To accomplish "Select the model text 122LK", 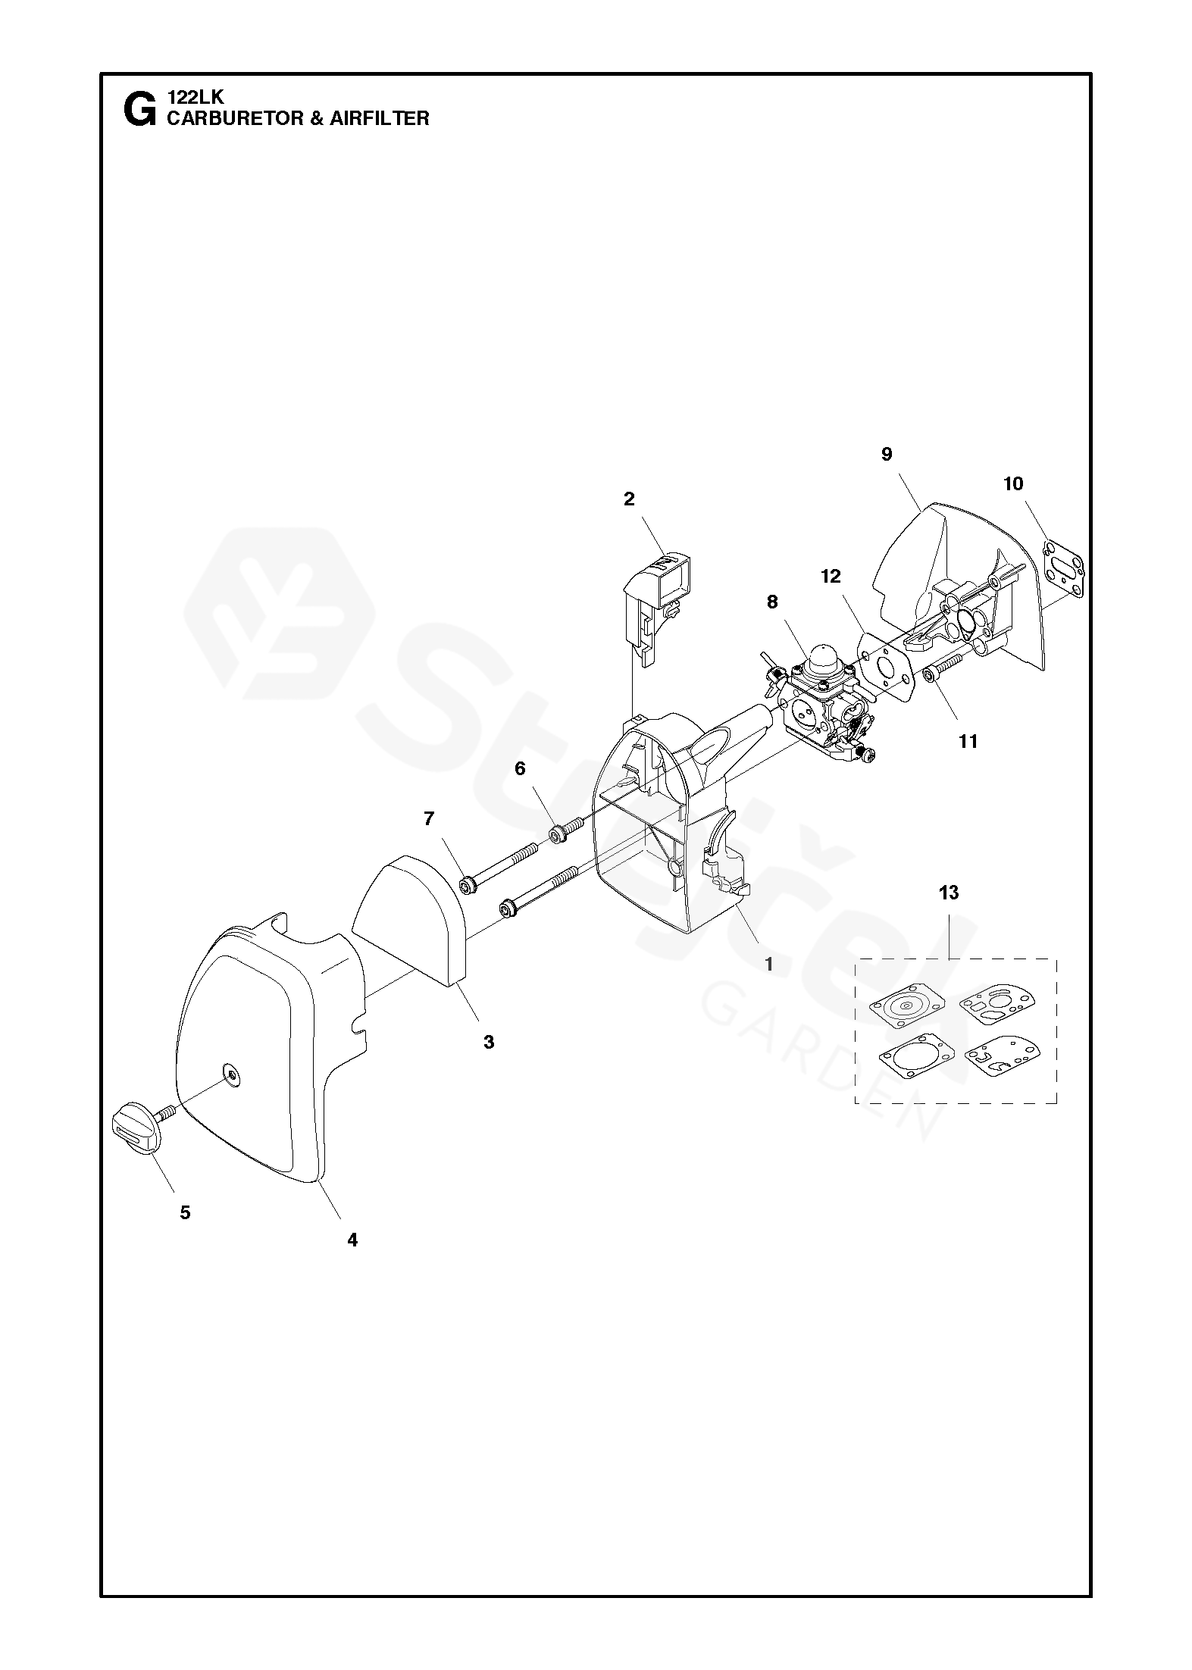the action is pos(196,98).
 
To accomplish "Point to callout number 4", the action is pos(352,1240).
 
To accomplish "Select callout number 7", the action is pos(429,818).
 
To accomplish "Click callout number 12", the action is pos(831,577).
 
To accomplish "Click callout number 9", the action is pos(887,455).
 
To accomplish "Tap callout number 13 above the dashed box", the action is pos(948,893).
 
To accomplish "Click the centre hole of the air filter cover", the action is pos(228,1069).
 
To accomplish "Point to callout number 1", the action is pos(769,965).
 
